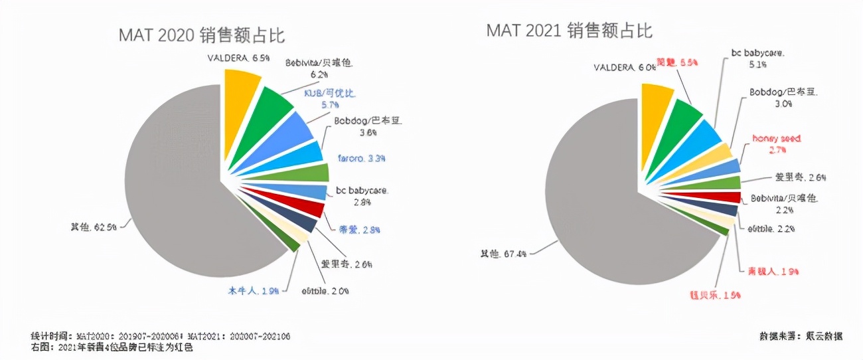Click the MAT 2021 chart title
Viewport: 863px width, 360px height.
click(569, 31)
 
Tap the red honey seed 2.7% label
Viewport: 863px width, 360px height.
click(776, 144)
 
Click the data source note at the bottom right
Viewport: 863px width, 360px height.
click(801, 336)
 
